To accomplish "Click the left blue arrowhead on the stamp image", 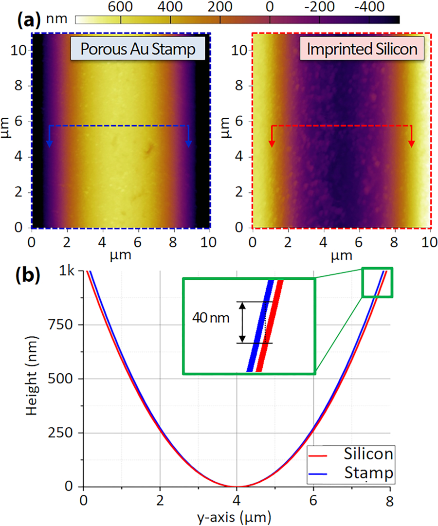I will click(x=49, y=143).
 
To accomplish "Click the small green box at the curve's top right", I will click(x=377, y=282).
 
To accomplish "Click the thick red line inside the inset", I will click(x=269, y=326).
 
